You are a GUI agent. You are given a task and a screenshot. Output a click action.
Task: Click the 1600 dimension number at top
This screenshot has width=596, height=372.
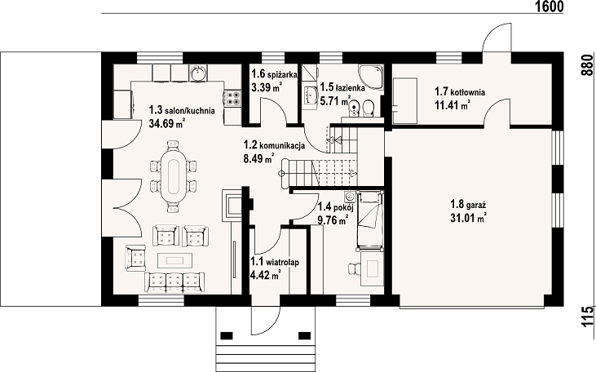pyautogui.click(x=549, y=7)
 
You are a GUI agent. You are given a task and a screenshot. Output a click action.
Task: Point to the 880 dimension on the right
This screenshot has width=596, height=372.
pyautogui.click(x=587, y=65)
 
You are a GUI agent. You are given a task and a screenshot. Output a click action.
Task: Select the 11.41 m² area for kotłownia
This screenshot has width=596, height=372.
pyautogui.click(x=452, y=105)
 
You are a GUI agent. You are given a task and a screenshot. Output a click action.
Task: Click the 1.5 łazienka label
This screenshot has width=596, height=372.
pyautogui.click(x=342, y=87)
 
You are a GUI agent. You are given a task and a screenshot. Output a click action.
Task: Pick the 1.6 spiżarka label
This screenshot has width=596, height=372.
pyautogui.click(x=274, y=74)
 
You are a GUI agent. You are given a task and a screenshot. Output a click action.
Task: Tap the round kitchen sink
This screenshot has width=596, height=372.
pyautogui.click(x=199, y=73)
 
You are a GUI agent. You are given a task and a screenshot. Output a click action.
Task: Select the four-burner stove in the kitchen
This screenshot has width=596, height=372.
pyautogui.click(x=232, y=98)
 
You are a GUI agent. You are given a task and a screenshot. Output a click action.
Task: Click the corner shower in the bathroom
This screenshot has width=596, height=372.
pyautogui.click(x=371, y=77)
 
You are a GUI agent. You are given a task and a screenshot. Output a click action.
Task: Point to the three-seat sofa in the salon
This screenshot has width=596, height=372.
pyautogui.click(x=174, y=282)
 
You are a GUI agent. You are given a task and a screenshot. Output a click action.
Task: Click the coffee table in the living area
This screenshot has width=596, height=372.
pyautogui.click(x=175, y=260)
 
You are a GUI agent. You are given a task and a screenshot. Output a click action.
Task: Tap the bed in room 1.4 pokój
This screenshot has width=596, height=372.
pyautogui.click(x=369, y=221)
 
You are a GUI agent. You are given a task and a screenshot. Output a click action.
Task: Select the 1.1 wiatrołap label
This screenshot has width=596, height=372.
pyautogui.click(x=275, y=262)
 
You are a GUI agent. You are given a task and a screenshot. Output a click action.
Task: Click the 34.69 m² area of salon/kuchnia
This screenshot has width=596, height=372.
pyautogui.click(x=167, y=123)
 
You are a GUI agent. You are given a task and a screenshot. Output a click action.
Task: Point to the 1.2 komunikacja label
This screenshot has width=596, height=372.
pyautogui.click(x=274, y=145)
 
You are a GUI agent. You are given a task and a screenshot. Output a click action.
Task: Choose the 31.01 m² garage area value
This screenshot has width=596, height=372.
pyautogui.click(x=469, y=219)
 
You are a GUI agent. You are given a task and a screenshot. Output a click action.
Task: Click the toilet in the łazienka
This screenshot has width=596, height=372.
pyautogui.click(x=368, y=108)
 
